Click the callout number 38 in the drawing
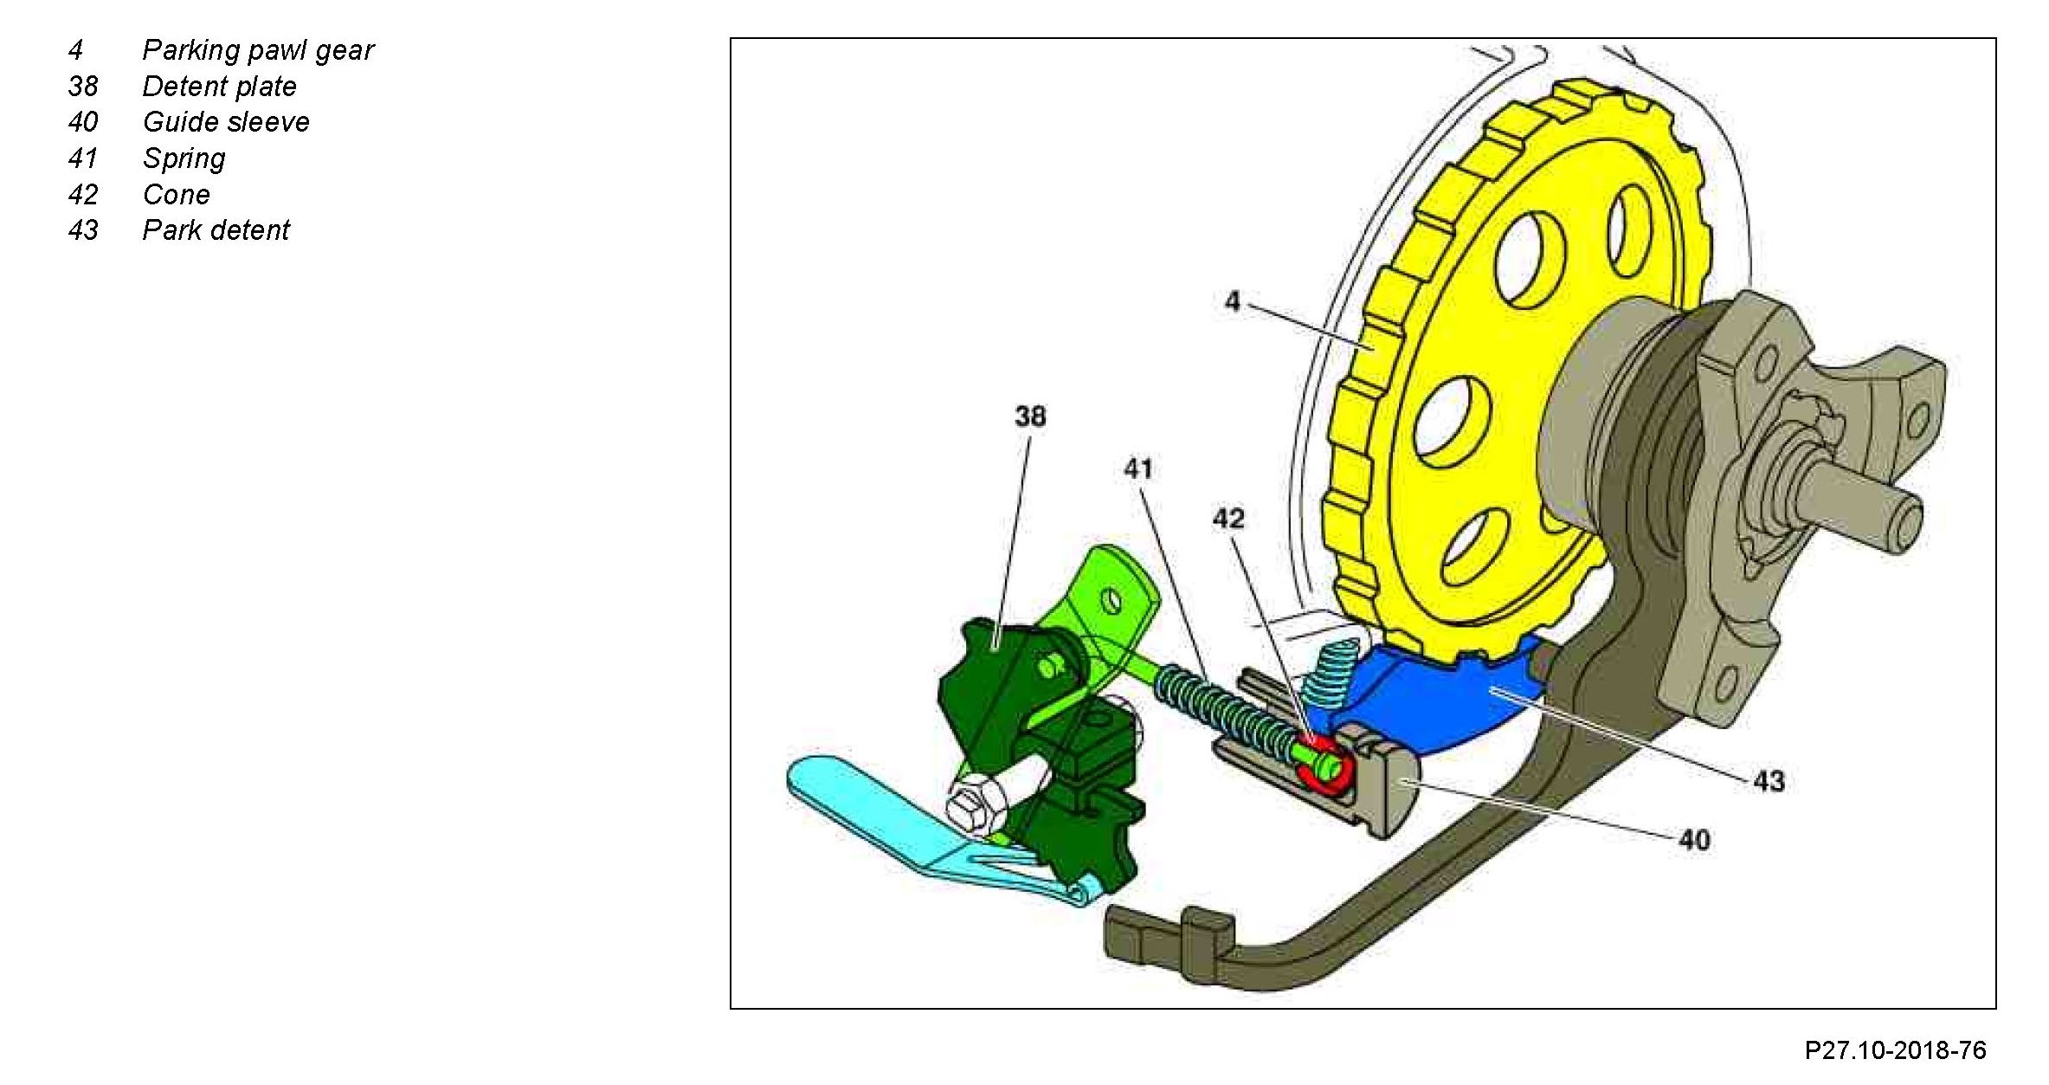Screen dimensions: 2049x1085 (1029, 417)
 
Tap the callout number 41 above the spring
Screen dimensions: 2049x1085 (1137, 469)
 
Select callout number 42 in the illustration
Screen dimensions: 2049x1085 (1227, 519)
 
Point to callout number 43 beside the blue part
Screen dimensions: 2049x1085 (1769, 782)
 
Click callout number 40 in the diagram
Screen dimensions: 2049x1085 (1694, 840)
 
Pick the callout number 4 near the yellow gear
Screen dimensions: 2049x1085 (1232, 301)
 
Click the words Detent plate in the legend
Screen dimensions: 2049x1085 (219, 87)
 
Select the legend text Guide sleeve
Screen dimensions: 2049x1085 (226, 122)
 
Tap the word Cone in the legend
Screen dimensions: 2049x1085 (176, 195)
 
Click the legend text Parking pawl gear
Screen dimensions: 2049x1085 (257, 50)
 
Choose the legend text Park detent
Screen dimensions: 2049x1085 (216, 230)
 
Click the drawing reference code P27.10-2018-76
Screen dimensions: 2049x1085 (1894, 1050)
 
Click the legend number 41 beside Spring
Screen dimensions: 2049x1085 (82, 158)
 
